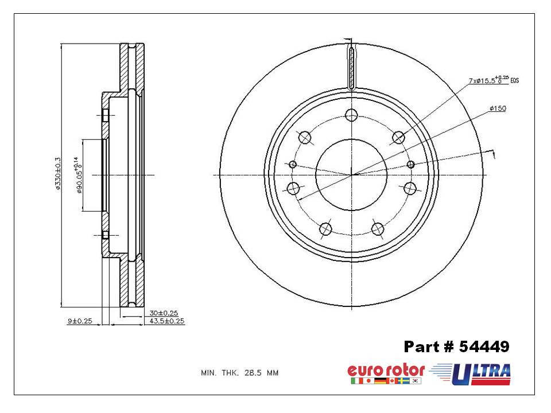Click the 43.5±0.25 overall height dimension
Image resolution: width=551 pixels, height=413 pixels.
pos(166,321)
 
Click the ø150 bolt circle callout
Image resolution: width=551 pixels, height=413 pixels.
pos(497,108)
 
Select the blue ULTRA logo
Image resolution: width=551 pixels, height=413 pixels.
pos(481,373)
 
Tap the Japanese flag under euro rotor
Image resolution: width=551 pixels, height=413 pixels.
pos(368,381)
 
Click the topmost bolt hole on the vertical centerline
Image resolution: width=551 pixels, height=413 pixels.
pos(351,115)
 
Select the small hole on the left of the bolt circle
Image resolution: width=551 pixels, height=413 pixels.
pos(293,165)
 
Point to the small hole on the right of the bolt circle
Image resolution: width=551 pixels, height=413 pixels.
pos(410,165)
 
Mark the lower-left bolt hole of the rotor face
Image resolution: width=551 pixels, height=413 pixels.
pos(325,229)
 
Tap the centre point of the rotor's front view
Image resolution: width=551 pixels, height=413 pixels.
pos(351,175)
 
